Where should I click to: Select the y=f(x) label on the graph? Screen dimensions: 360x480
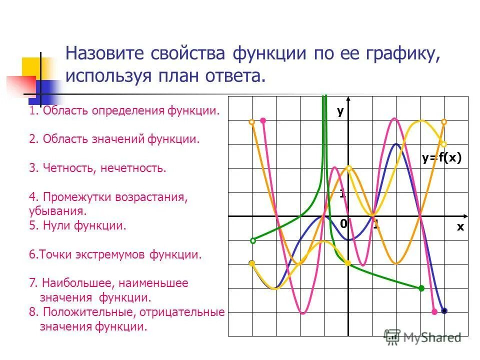440,158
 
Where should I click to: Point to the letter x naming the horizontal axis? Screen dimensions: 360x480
460,226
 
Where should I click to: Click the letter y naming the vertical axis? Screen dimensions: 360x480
340,111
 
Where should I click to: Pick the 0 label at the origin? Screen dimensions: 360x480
343,224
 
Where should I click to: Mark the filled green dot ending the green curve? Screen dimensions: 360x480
421,288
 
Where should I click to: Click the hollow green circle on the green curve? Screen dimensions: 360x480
253,240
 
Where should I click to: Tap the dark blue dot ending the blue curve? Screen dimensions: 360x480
444,311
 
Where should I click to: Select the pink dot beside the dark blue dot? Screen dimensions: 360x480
434,311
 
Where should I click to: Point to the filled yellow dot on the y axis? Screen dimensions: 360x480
348,263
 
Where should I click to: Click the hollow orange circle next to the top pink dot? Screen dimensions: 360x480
252,121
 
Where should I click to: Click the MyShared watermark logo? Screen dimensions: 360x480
423,337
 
